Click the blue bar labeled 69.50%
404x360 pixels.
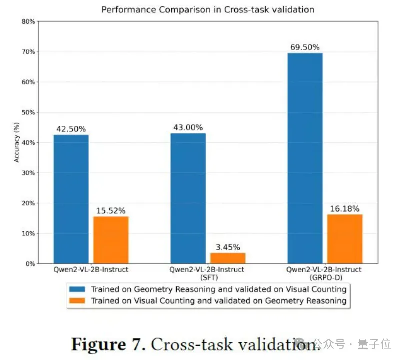305,158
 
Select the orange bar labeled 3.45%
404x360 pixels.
228,258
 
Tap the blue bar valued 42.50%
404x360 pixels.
71,199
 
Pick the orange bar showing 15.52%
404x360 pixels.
111,240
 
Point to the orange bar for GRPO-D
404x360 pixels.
344,239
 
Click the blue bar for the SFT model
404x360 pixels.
188,198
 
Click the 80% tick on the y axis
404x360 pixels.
28,22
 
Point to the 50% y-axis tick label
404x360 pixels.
28,113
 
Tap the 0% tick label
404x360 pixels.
30,264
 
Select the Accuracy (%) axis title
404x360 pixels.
17,142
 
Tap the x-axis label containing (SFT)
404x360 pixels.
206,273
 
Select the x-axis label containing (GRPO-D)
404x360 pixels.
324,273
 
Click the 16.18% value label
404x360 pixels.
345,209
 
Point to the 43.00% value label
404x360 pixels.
188,128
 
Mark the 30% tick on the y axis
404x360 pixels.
28,173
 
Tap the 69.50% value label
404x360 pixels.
305,47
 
